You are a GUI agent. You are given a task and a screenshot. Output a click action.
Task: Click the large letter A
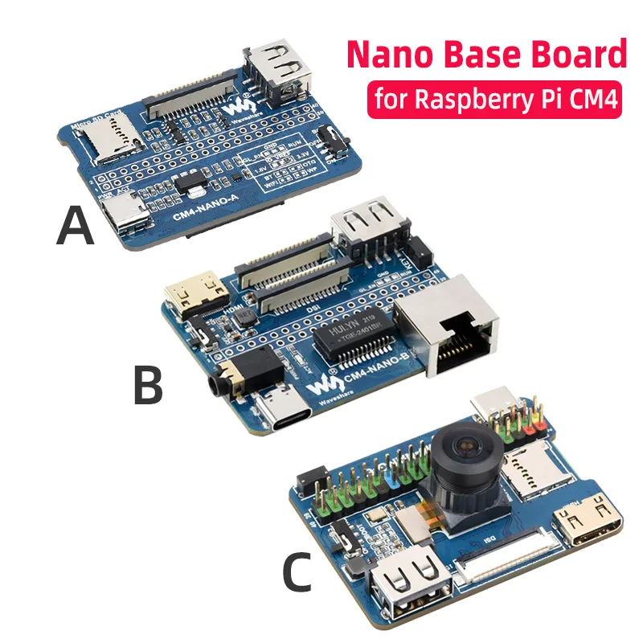[76, 226]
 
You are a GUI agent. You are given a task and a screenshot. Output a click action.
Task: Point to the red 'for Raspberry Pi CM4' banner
[494, 102]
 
